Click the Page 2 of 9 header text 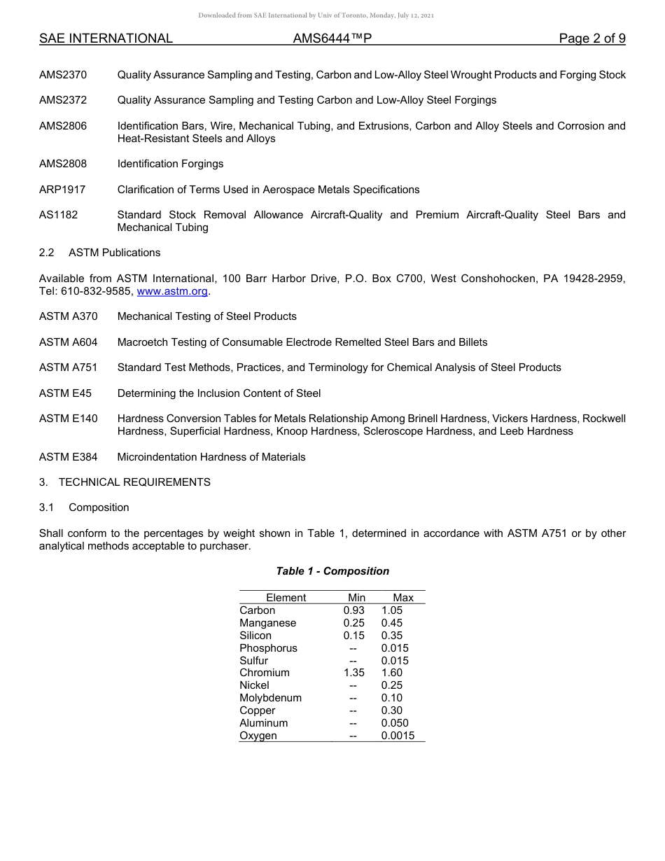pyautogui.click(x=591, y=39)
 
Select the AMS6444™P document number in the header pyautogui.click(x=332, y=39)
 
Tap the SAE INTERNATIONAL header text pyautogui.click(x=106, y=39)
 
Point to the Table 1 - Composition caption pyautogui.click(x=332, y=571)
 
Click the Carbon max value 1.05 pyautogui.click(x=392, y=610)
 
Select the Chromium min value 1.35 pyautogui.click(x=353, y=673)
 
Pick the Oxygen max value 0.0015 pyautogui.click(x=398, y=736)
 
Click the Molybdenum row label pyautogui.click(x=270, y=698)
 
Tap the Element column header pyautogui.click(x=286, y=598)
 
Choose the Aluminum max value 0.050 pyautogui.click(x=395, y=723)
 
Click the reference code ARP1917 pyautogui.click(x=62, y=190)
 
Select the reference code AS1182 pyautogui.click(x=58, y=215)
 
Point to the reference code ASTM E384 pyautogui.click(x=68, y=457)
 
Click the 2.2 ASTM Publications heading pyautogui.click(x=99, y=253)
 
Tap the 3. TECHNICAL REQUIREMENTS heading pyautogui.click(x=125, y=482)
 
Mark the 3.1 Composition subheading pyautogui.click(x=84, y=507)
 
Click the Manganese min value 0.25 pyautogui.click(x=353, y=623)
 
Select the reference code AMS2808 pyautogui.click(x=63, y=164)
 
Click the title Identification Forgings pyautogui.click(x=170, y=164)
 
